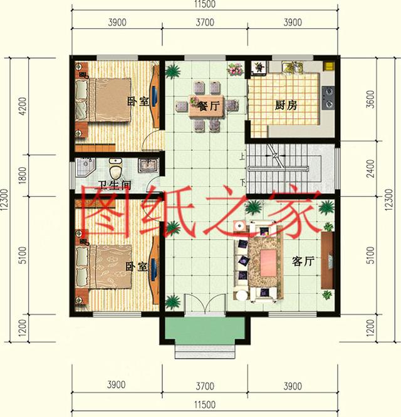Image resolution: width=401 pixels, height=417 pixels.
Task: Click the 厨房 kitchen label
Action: (x=286, y=106)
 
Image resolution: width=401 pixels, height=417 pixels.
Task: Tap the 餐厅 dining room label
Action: (x=209, y=106)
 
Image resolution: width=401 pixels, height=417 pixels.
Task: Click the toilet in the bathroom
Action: (x=115, y=168)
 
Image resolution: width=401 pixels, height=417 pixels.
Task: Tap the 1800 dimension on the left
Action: (x=23, y=172)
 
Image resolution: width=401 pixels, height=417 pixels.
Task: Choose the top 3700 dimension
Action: (x=204, y=23)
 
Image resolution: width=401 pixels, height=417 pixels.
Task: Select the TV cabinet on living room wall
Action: (x=326, y=260)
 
